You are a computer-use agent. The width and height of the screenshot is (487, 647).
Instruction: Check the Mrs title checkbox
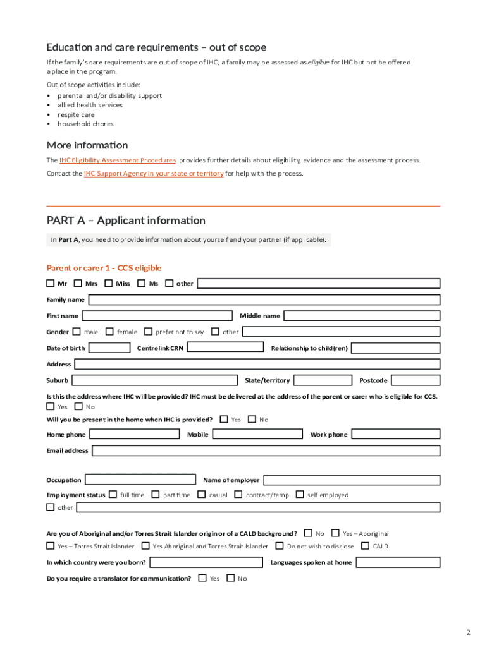point(78,284)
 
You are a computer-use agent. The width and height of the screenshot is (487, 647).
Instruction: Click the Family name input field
point(264,299)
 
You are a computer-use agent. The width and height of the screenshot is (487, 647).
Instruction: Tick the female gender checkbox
point(109,331)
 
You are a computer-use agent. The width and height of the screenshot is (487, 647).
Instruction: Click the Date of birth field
point(109,348)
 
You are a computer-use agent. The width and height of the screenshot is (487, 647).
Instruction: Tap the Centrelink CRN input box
point(226,348)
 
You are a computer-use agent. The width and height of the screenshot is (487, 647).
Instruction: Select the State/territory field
point(323,380)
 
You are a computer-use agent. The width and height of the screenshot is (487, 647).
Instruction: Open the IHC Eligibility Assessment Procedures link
point(118,160)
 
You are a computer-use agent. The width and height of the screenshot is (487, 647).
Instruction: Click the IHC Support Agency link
point(154,173)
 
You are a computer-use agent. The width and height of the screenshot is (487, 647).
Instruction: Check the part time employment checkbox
point(155,495)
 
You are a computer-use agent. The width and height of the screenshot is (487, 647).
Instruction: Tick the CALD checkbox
point(365,546)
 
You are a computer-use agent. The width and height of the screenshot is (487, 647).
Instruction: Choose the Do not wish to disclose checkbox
point(279,546)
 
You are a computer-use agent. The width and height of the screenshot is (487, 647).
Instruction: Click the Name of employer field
point(352,480)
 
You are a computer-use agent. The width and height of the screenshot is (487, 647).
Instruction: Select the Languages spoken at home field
point(397,562)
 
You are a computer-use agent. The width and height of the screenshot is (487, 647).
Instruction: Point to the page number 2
point(468,632)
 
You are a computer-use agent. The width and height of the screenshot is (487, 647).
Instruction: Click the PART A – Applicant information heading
point(126,221)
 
